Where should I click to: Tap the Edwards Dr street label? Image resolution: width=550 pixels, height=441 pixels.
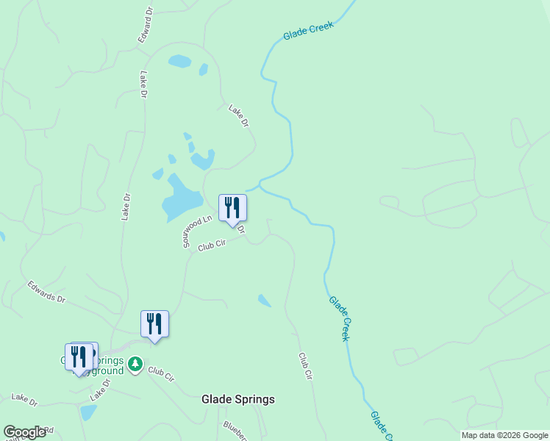pyautogui.click(x=47, y=292)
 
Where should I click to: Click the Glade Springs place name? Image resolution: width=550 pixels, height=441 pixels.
pyautogui.click(x=238, y=399)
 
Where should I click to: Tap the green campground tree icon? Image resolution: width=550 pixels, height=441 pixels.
pyautogui.click(x=135, y=363)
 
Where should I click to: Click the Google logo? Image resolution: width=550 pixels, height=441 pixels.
pyautogui.click(x=24, y=432)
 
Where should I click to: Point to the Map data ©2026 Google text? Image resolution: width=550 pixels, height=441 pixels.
pyautogui.click(x=504, y=435)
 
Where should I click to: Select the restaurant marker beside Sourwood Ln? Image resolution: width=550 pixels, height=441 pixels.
pyautogui.click(x=232, y=207)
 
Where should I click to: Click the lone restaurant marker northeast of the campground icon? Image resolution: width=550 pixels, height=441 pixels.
pyautogui.click(x=154, y=323)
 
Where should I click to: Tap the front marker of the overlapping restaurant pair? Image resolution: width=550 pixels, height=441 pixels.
pyautogui.click(x=79, y=357)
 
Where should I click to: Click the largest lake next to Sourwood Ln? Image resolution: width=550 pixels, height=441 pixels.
pyautogui.click(x=181, y=197)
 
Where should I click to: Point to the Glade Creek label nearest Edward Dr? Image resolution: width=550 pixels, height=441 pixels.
pyautogui.click(x=308, y=30)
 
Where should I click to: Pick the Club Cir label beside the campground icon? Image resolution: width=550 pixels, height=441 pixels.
pyautogui.click(x=160, y=374)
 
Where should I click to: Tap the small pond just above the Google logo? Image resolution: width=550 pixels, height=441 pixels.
pyautogui.click(x=87, y=412)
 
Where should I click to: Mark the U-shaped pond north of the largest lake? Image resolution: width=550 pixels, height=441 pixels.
pyautogui.click(x=202, y=159)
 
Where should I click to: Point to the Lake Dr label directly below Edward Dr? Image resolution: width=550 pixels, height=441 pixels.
pyautogui.click(x=143, y=85)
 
